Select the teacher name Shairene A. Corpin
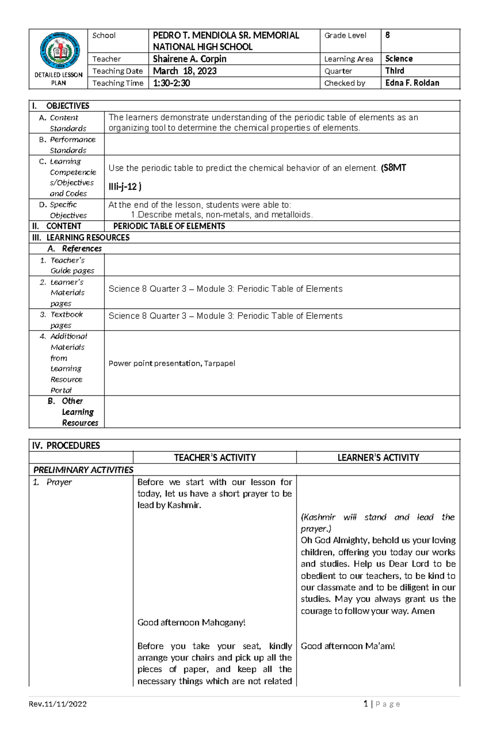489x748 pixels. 189,59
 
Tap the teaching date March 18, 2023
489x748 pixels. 185,71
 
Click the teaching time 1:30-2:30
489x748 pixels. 171,83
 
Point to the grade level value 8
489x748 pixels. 388,35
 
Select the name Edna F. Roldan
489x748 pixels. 412,83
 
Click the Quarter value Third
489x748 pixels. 394,71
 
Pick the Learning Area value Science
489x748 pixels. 399,59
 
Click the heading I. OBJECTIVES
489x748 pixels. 61,106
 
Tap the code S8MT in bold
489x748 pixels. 394,168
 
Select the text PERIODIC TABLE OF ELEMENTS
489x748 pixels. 169,226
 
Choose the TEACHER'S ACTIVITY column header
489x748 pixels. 215,458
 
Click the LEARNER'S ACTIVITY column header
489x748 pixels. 378,458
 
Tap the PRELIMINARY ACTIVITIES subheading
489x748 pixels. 83,470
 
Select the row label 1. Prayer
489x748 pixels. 53,482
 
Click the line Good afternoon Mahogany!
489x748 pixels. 191,622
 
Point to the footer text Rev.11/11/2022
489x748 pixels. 57,704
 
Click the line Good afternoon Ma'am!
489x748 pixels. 348,646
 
